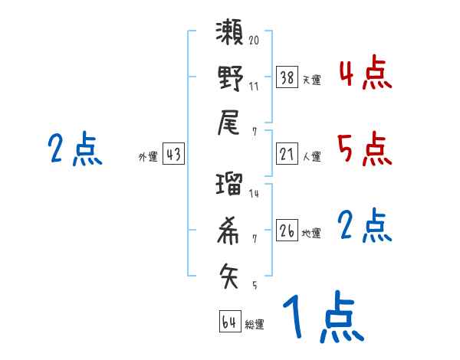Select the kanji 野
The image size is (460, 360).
pyautogui.click(x=229, y=77)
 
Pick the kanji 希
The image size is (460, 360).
pyautogui.click(x=229, y=229)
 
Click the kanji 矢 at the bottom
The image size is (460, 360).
pyautogui.click(x=229, y=273)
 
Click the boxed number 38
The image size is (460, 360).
pyautogui.click(x=287, y=77)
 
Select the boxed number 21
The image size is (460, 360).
pyautogui.click(x=287, y=154)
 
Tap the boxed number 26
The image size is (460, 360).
pyautogui.click(x=287, y=231)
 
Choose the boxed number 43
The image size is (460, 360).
pyautogui.click(x=173, y=154)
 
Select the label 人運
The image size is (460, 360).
pyautogui.click(x=311, y=156)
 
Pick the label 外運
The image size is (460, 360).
pyautogui.click(x=148, y=156)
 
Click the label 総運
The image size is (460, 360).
pyautogui.click(x=255, y=324)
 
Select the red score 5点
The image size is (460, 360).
pyautogui.click(x=365, y=149)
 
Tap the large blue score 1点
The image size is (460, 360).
pyautogui.click(x=322, y=318)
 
